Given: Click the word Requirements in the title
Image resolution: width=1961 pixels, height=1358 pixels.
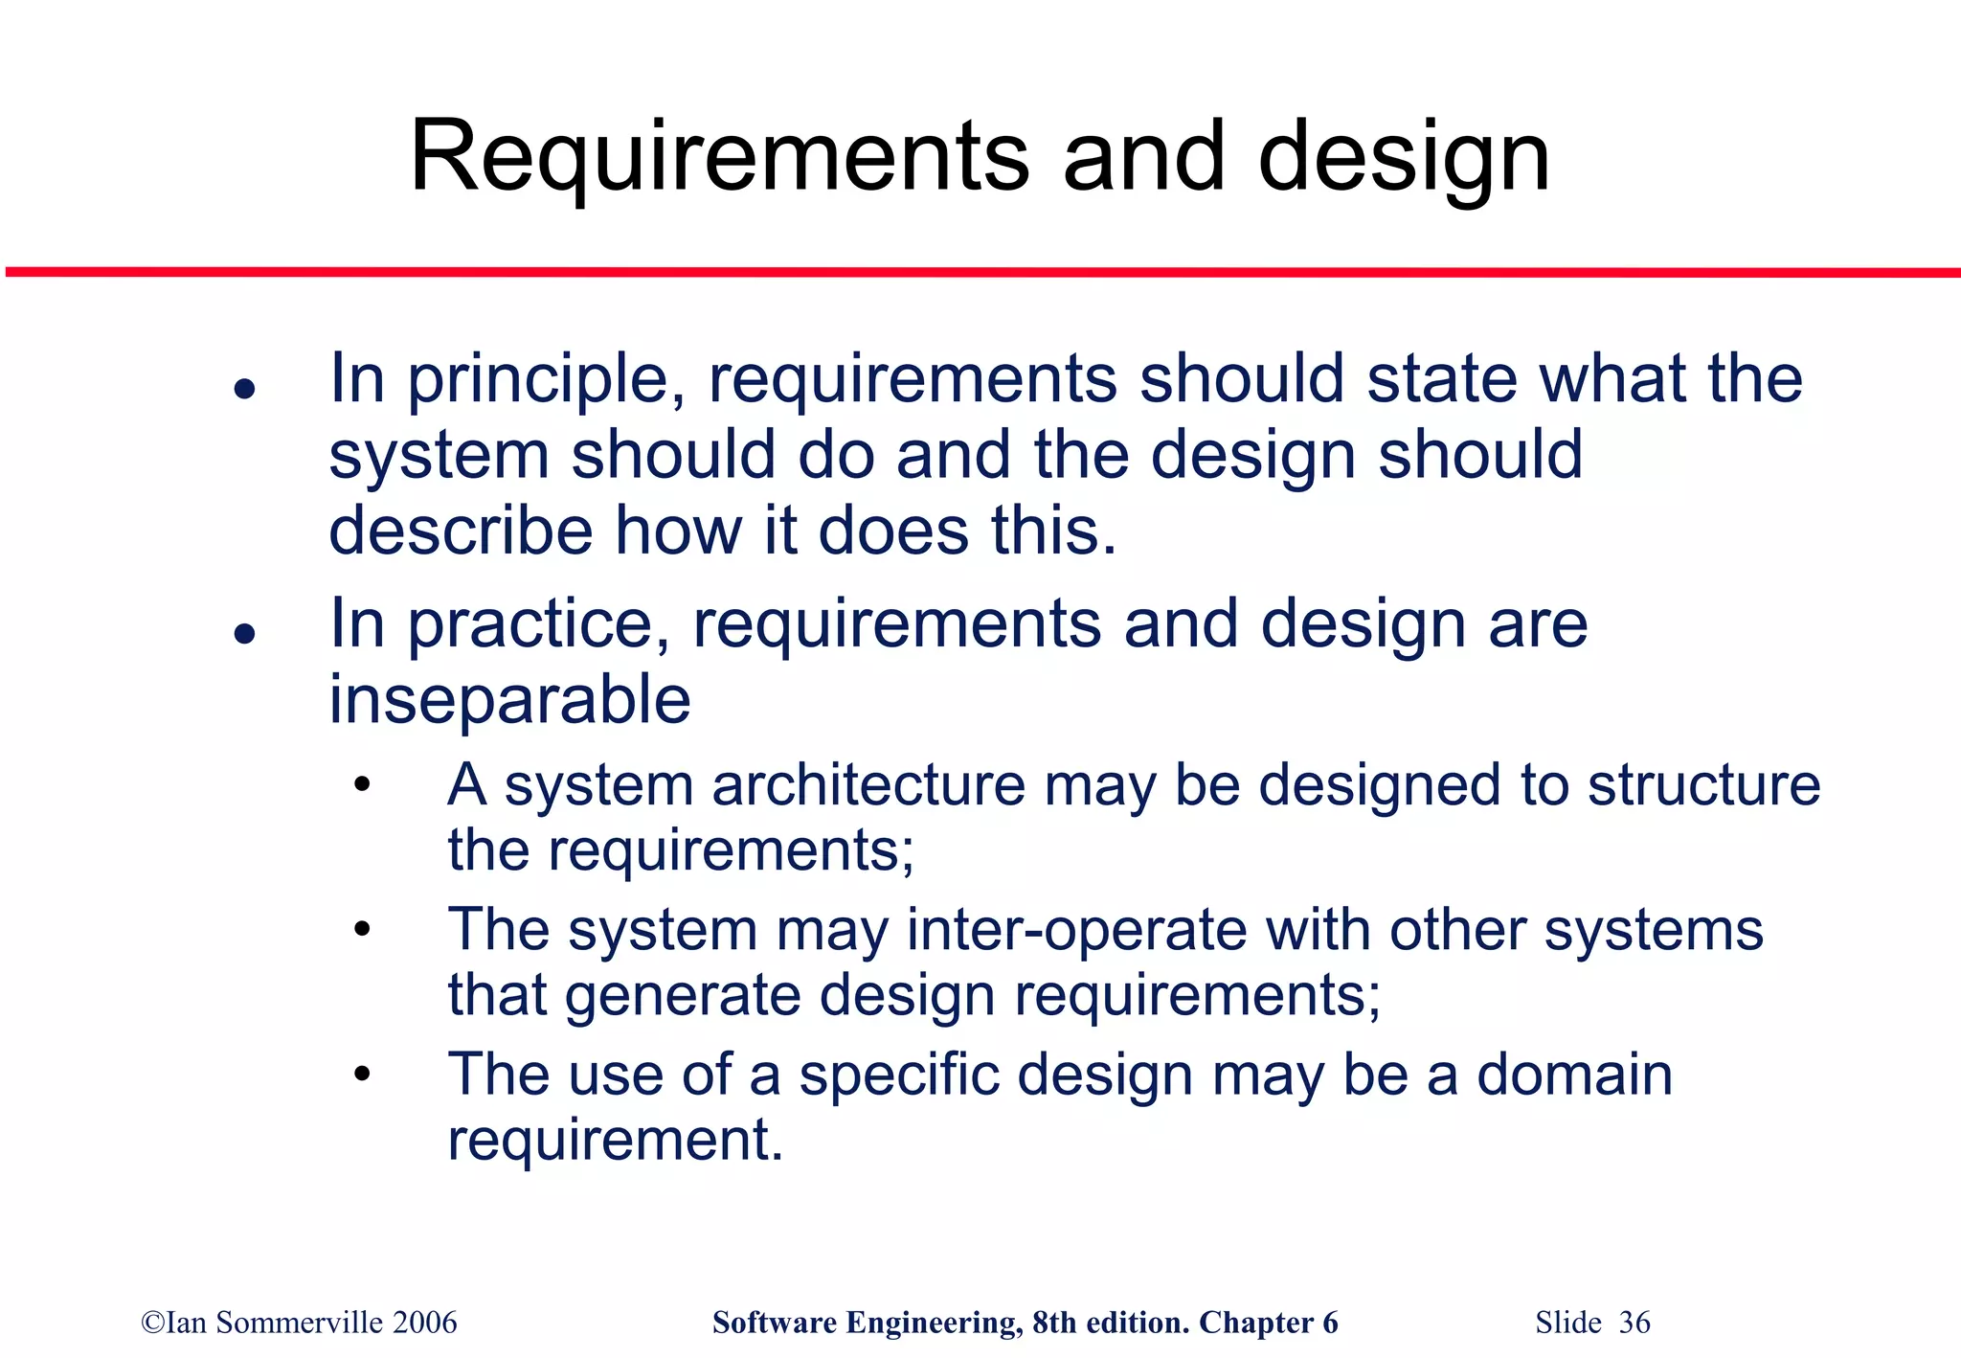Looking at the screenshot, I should tap(719, 156).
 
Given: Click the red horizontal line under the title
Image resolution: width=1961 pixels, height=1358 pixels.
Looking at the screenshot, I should tap(980, 273).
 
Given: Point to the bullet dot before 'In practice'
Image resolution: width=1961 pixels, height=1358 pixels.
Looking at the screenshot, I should tap(245, 633).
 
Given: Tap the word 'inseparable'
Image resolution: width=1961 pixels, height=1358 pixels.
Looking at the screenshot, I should tap(509, 699).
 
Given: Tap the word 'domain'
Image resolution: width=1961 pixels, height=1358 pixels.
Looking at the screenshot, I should tap(1574, 1075).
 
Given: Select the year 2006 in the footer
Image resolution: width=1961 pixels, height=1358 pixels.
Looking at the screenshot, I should tap(425, 1323).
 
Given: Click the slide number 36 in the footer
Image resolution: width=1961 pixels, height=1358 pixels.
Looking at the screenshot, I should tap(1634, 1323).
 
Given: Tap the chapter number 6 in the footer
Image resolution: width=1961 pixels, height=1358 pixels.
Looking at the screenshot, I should tap(1330, 1323).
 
